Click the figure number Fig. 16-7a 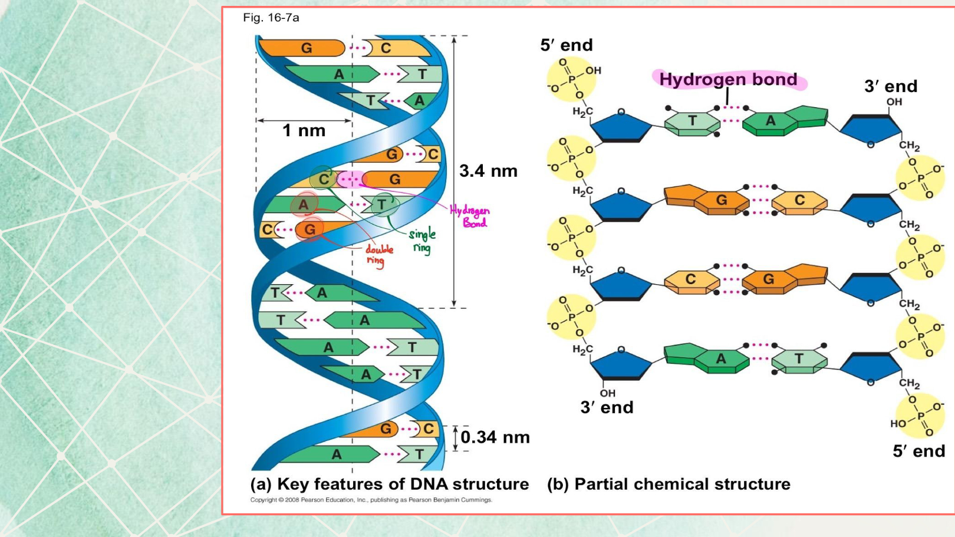pos(271,18)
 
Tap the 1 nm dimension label pos(304,130)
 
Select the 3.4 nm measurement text pos(488,171)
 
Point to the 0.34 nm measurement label pos(495,437)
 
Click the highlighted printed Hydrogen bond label pos(728,79)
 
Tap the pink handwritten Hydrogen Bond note pos(470,216)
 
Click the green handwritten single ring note pos(423,240)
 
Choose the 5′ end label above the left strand pos(567,45)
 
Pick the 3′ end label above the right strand pos(891,86)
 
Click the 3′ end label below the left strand pos(607,407)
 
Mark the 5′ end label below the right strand pos(918,451)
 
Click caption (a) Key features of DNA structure pos(390,484)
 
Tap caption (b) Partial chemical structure pos(668,484)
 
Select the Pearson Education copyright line pos(371,500)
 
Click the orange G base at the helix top pos(306,48)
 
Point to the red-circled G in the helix pos(309,229)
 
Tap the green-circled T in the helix pos(383,205)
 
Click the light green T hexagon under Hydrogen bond pos(692,121)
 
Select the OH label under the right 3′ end pos(894,102)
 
